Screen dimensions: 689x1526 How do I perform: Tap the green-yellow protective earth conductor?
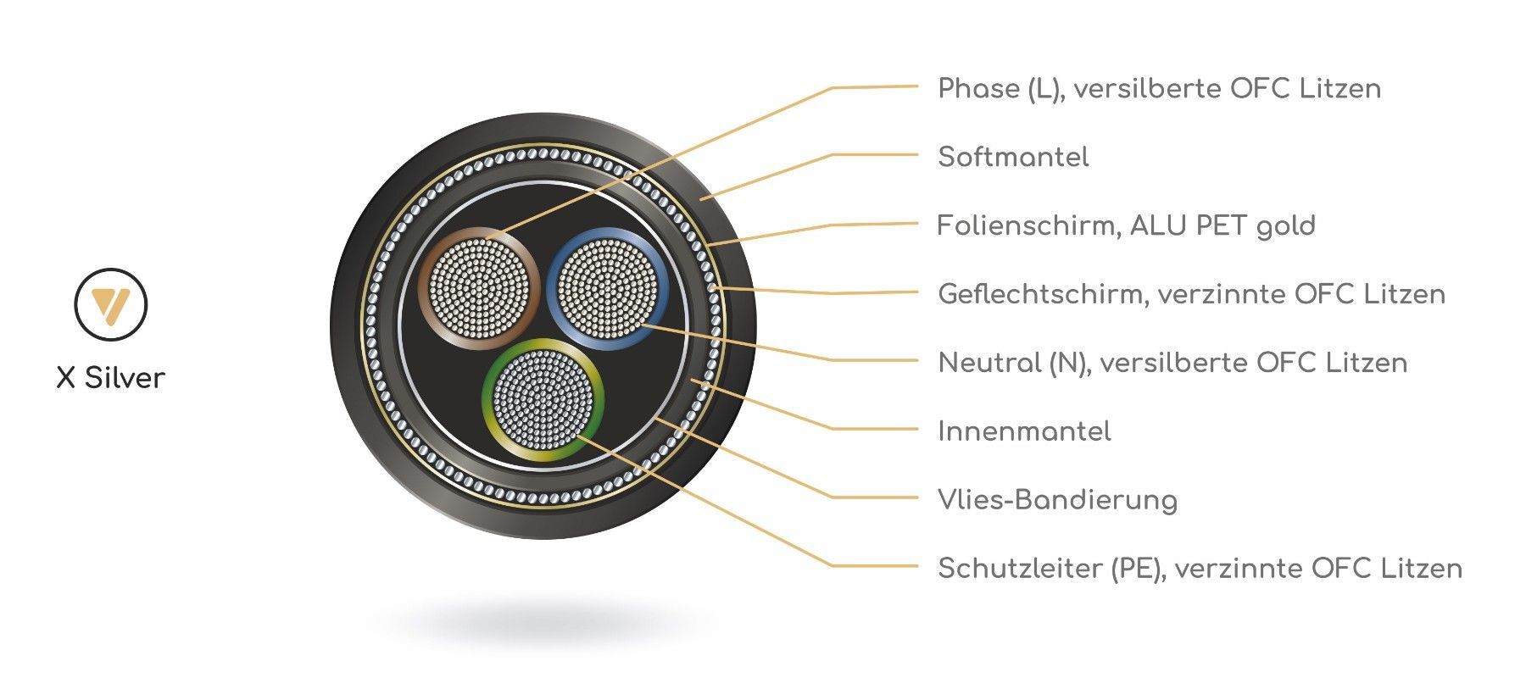click(543, 398)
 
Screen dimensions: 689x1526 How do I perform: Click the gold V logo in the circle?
click(110, 305)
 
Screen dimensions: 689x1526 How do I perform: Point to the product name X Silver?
click(110, 378)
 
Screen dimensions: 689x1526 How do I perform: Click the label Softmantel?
click(1013, 157)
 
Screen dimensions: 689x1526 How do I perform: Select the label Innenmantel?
click(1024, 431)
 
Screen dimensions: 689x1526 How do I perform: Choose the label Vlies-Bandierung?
click(1057, 500)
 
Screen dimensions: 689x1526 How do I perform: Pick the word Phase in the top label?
click(978, 88)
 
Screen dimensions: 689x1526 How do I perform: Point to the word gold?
click(1286, 226)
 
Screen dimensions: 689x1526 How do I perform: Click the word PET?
click(1222, 225)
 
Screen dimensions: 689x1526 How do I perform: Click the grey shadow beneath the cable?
click(543, 623)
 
